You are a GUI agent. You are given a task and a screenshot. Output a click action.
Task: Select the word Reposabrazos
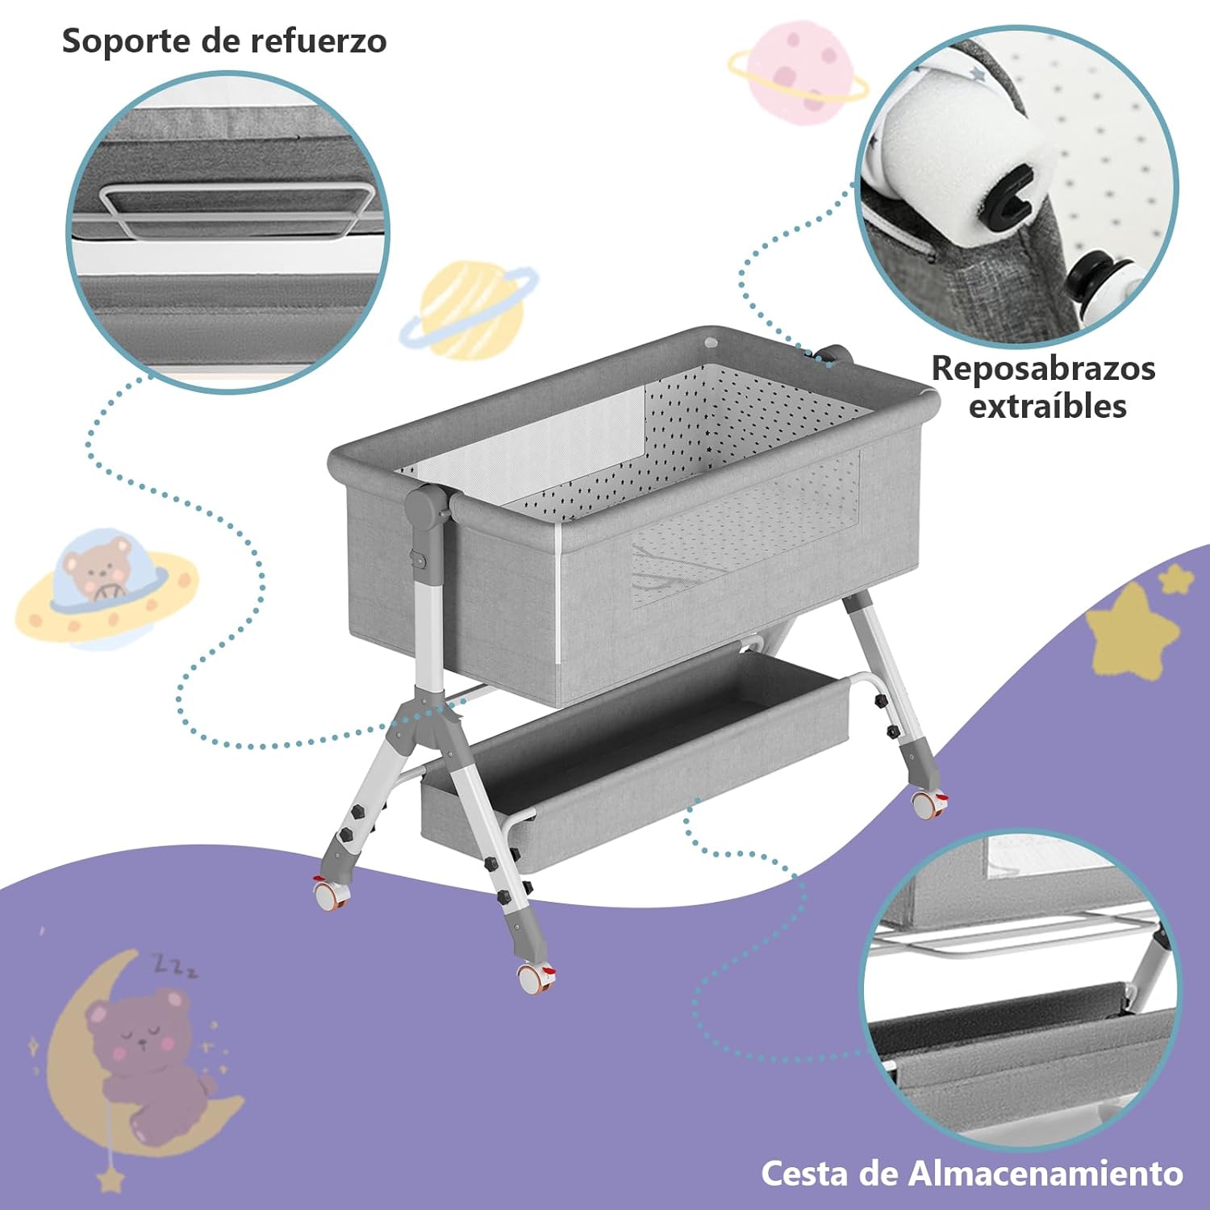[x=1043, y=369]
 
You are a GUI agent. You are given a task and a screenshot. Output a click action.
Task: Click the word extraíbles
[x=1047, y=406]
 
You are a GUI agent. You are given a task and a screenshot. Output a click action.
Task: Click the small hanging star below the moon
[x=111, y=1179]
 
